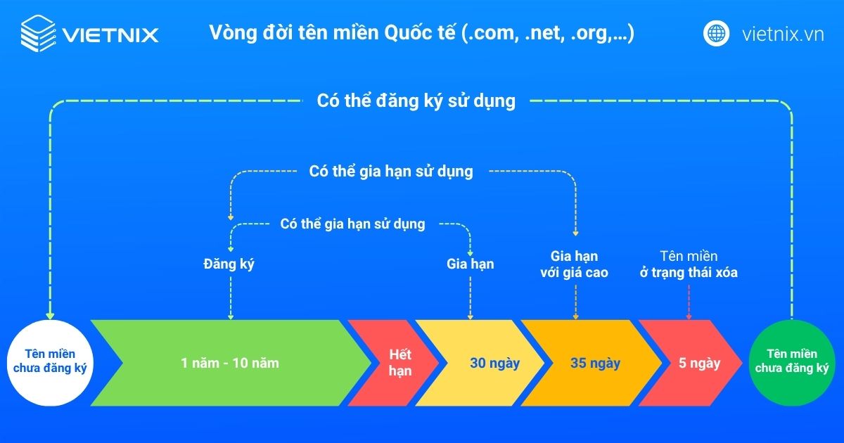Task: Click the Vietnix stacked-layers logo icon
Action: (37, 33)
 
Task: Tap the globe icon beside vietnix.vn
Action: (717, 33)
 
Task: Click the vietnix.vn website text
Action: (782, 34)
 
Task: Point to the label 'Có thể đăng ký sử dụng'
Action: (416, 101)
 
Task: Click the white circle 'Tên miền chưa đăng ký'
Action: (49, 363)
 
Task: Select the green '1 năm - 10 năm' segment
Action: (230, 363)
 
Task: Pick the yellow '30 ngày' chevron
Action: (485, 363)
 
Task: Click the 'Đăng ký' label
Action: (229, 264)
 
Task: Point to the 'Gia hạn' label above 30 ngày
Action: (470, 264)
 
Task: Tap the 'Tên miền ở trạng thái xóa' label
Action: (689, 264)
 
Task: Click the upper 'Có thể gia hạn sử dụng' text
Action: (391, 171)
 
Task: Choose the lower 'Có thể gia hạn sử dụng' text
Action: (352, 224)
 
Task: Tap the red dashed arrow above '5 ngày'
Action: (689, 302)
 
